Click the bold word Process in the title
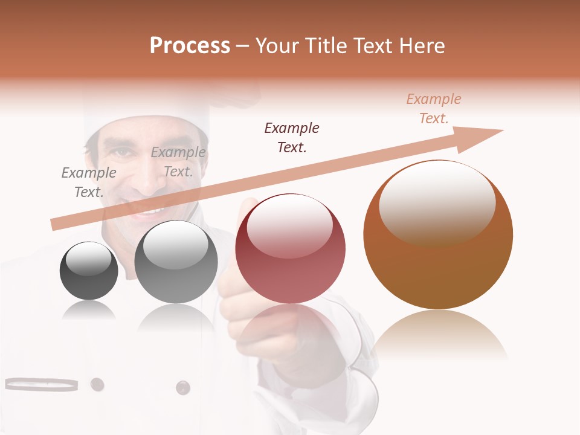[190, 46]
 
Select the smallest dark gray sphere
[89, 271]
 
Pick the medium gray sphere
[176, 262]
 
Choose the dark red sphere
[290, 248]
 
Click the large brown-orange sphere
[438, 234]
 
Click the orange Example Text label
[433, 109]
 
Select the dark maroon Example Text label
[292, 137]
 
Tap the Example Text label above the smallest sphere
[89, 182]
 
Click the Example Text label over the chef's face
[178, 162]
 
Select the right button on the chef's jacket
[182, 387]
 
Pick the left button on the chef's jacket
[97, 384]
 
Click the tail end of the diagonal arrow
[56, 225]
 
